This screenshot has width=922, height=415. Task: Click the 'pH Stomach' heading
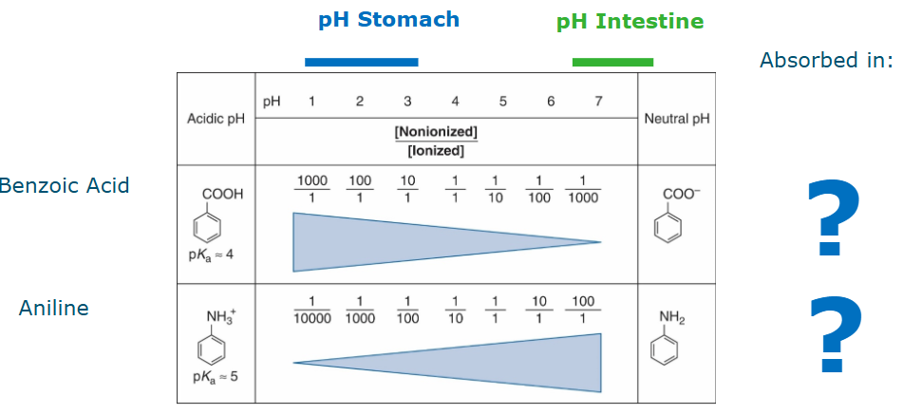388,20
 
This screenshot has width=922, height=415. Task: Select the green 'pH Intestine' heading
630,21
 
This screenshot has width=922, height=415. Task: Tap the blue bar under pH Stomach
361,62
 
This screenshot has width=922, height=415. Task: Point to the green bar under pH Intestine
612,62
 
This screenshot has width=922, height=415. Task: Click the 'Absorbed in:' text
826,61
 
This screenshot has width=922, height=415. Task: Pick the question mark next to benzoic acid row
834,219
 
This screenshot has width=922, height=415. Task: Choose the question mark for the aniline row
836,335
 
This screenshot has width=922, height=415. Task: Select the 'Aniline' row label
53,309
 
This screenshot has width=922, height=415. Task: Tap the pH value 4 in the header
455,102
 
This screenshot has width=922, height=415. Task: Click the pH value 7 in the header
598,102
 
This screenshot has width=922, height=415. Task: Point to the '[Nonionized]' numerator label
436,131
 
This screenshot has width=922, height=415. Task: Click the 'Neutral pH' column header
676,119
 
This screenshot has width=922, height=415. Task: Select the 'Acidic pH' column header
216,119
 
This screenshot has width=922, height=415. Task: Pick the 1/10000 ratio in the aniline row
311,311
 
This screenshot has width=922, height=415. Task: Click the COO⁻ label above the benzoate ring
677,193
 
